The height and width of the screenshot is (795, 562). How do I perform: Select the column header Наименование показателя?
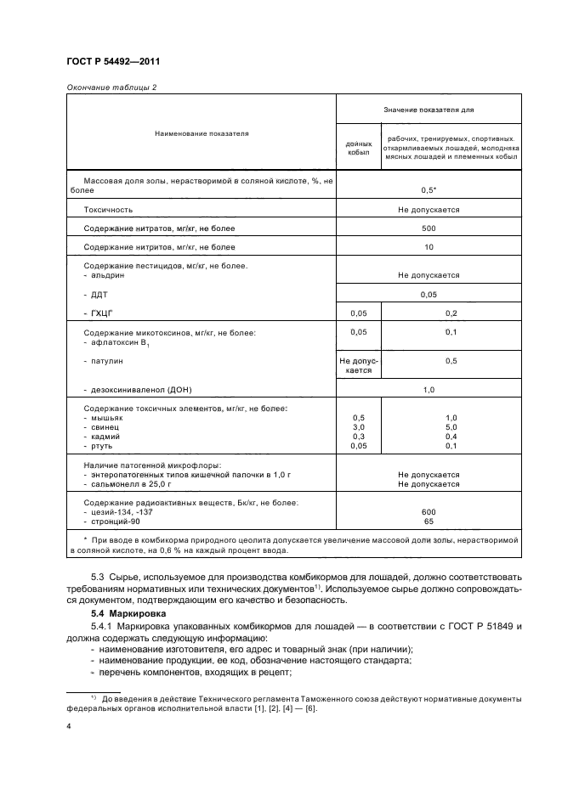[x=201, y=132]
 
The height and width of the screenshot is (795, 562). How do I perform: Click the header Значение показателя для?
[x=428, y=109]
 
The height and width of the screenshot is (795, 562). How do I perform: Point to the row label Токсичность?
[x=108, y=209]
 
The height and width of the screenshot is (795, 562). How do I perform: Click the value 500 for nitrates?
[x=428, y=228]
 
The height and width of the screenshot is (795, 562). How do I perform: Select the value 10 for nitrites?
[x=428, y=247]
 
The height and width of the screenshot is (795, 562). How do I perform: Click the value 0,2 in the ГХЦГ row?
[x=451, y=313]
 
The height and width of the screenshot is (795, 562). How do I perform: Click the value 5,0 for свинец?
[x=451, y=427]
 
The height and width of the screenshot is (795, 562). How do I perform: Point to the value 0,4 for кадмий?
[x=451, y=437]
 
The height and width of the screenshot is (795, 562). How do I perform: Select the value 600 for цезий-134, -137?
[x=428, y=512]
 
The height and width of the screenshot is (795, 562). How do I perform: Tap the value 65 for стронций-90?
[x=428, y=522]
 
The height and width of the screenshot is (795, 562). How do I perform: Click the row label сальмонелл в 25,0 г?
[x=132, y=484]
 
